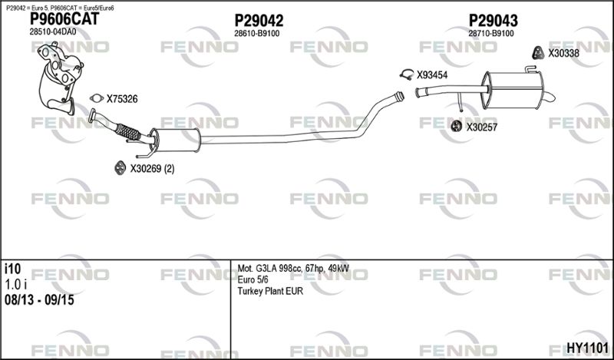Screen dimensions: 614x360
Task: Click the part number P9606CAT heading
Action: [64, 18]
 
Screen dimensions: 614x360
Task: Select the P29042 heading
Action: [259, 21]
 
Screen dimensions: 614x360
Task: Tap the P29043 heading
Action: [494, 21]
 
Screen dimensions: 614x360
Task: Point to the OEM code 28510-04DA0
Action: [53, 32]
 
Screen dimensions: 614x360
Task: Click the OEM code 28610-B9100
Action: [257, 34]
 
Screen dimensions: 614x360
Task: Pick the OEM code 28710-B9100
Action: [491, 34]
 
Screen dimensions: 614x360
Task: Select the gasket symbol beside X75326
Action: [97, 98]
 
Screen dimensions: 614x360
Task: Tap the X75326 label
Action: [122, 99]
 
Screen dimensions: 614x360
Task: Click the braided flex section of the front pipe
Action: [128, 132]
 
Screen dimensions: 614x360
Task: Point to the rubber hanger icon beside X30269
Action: [120, 168]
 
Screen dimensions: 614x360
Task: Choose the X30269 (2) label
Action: [152, 169]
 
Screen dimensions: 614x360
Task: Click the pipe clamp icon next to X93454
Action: [408, 74]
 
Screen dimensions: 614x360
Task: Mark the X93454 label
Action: [432, 75]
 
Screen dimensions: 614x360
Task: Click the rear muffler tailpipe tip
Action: [549, 97]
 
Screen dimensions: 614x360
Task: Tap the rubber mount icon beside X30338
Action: [539, 53]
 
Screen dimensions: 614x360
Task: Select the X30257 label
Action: [482, 127]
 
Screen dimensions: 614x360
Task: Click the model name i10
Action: [12, 269]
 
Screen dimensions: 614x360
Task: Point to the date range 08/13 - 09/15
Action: [39, 300]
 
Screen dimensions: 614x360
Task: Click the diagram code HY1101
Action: [588, 348]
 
